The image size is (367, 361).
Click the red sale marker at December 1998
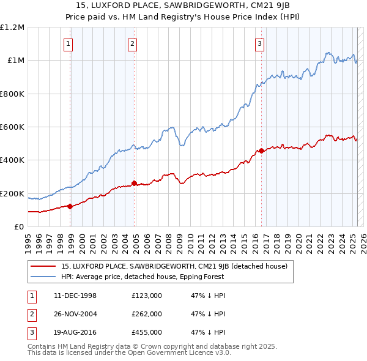tap(70, 206)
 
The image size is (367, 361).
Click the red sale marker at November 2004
tap(134, 183)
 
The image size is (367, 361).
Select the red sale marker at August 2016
tap(261, 151)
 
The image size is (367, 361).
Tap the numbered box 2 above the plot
tap(132, 43)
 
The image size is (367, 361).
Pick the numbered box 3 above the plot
tap(259, 43)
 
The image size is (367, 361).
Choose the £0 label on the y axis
tap(20, 227)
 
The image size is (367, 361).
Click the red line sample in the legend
tap(43, 266)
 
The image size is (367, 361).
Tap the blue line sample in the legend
tap(43, 277)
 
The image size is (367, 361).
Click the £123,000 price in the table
tap(147, 296)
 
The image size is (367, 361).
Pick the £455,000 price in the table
tap(147, 332)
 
